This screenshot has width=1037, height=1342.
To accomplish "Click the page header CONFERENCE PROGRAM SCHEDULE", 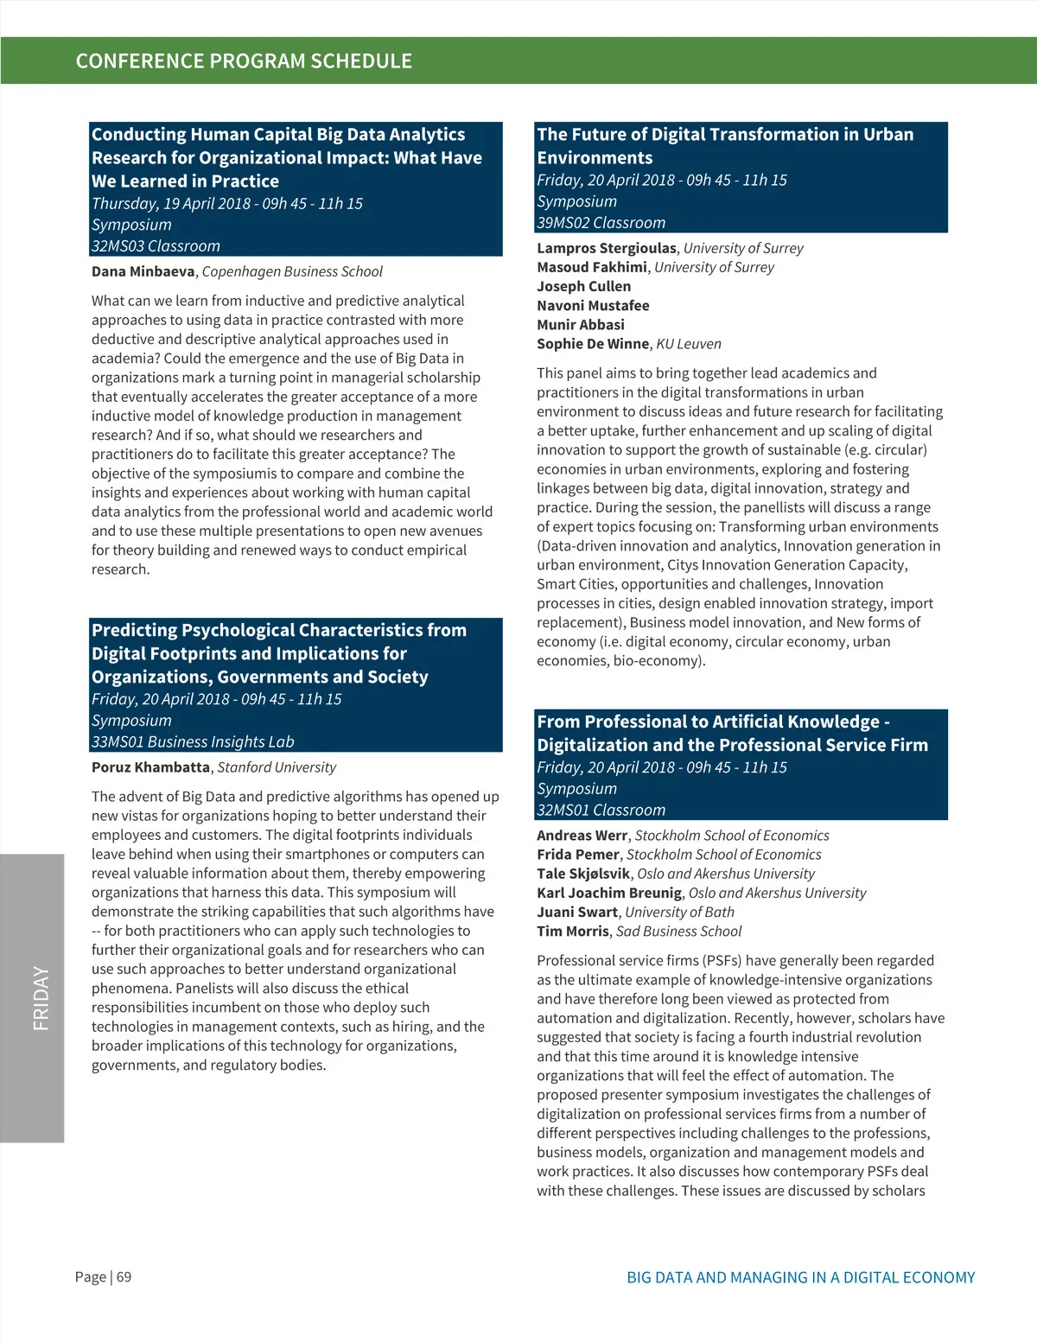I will pyautogui.click(x=244, y=61).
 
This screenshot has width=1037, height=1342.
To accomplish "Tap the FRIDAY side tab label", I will pyautogui.click(x=41, y=998).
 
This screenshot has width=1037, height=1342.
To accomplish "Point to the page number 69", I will pyautogui.click(x=124, y=1277).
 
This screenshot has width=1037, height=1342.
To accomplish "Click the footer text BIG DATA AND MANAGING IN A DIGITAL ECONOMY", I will pyautogui.click(x=800, y=1278).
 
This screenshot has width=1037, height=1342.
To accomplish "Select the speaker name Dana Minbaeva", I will pyautogui.click(x=143, y=271).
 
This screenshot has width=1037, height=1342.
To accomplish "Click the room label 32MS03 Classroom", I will pyautogui.click(x=156, y=246).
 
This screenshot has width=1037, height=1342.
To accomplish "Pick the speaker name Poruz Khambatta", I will pyautogui.click(x=150, y=767).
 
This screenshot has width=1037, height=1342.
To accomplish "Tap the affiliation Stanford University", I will pyautogui.click(x=277, y=767).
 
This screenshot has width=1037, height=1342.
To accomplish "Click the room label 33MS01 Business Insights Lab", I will pyautogui.click(x=193, y=742).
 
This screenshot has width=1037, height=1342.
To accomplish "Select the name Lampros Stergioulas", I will pyautogui.click(x=606, y=249).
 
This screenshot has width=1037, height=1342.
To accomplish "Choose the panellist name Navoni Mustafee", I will pyautogui.click(x=593, y=306).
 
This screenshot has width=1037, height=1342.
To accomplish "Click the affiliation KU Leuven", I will pyautogui.click(x=689, y=344).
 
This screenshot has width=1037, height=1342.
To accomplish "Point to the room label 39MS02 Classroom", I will pyautogui.click(x=601, y=223).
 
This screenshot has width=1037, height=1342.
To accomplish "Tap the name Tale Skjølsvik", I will pyautogui.click(x=583, y=874).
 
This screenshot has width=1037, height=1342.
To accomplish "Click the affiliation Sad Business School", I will pyautogui.click(x=678, y=932).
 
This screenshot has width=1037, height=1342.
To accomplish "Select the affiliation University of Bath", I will pyautogui.click(x=679, y=913).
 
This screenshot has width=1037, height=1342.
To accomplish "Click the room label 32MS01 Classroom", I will pyautogui.click(x=601, y=811).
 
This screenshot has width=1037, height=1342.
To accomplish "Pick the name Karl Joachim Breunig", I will pyautogui.click(x=609, y=894).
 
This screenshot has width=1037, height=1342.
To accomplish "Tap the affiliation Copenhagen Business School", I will pyautogui.click(x=292, y=271).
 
